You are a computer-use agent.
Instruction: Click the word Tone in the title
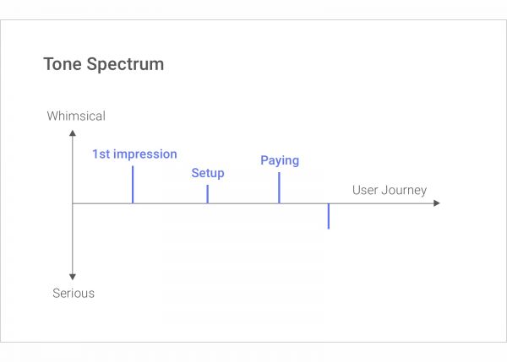pyautogui.click(x=62, y=65)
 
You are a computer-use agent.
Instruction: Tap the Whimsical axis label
pyautogui.click(x=76, y=116)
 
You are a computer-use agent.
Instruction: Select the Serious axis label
pyautogui.click(x=74, y=294)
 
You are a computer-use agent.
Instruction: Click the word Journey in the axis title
pyautogui.click(x=406, y=191)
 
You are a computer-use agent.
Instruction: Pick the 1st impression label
pyautogui.click(x=134, y=154)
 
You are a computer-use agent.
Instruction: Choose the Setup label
pyautogui.click(x=208, y=173)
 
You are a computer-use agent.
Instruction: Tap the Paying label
pyautogui.click(x=280, y=160)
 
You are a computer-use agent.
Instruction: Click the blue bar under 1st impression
pyautogui.click(x=133, y=185)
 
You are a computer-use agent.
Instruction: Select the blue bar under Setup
pyautogui.click(x=207, y=194)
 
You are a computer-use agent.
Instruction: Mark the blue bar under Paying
pyautogui.click(x=279, y=187)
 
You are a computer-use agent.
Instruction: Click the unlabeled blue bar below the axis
pyautogui.click(x=328, y=216)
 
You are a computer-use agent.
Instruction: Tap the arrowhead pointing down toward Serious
pyautogui.click(x=73, y=277)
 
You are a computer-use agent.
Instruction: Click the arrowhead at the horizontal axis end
pyautogui.click(x=436, y=203)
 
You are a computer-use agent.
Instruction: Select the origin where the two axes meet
pyautogui.click(x=73, y=203)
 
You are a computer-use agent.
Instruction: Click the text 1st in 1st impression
pyautogui.click(x=101, y=154)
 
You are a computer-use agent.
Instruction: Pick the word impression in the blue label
pyautogui.click(x=145, y=154)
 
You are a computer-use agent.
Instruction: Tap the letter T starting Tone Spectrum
pyautogui.click(x=48, y=65)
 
